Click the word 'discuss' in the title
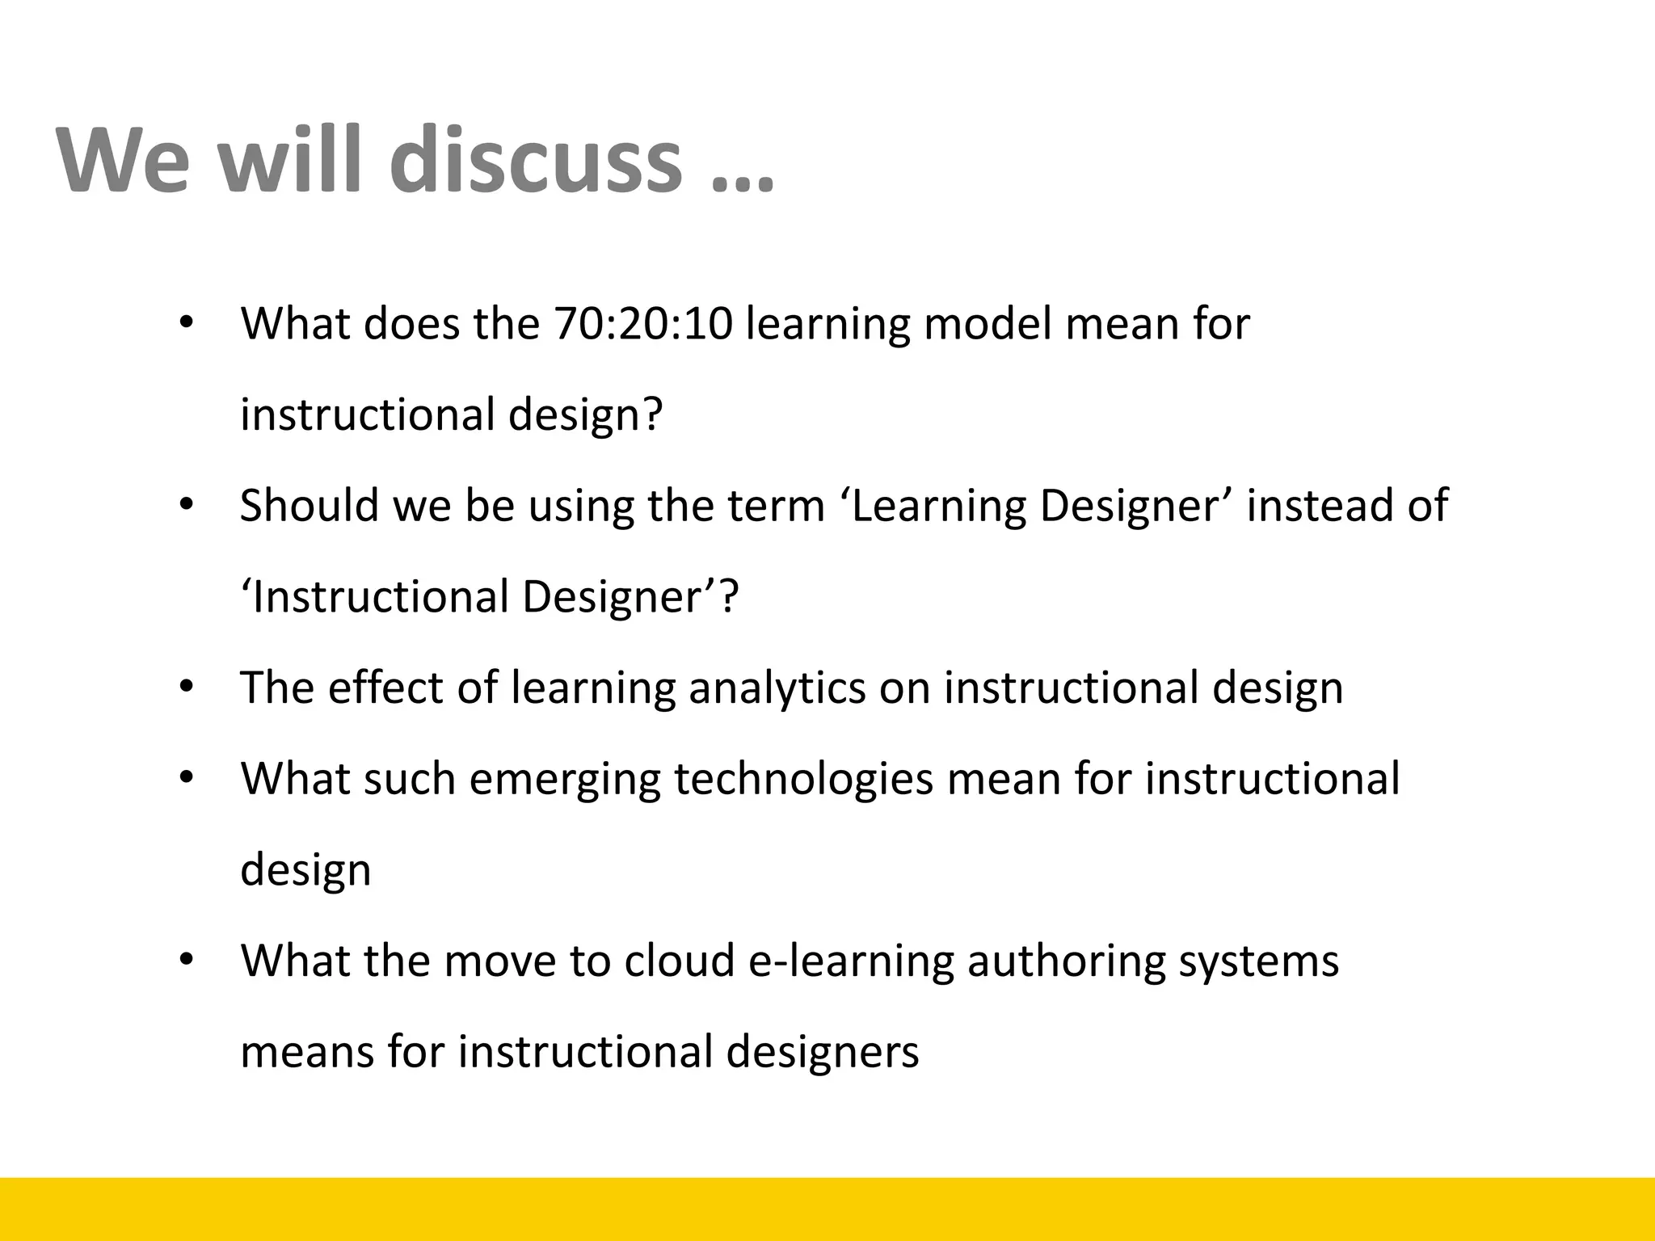pyautogui.click(x=536, y=159)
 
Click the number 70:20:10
pyautogui.click(x=643, y=324)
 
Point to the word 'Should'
pyautogui.click(x=310, y=506)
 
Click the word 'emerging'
pyautogui.click(x=565, y=780)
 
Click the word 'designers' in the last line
pyautogui.click(x=822, y=1053)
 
